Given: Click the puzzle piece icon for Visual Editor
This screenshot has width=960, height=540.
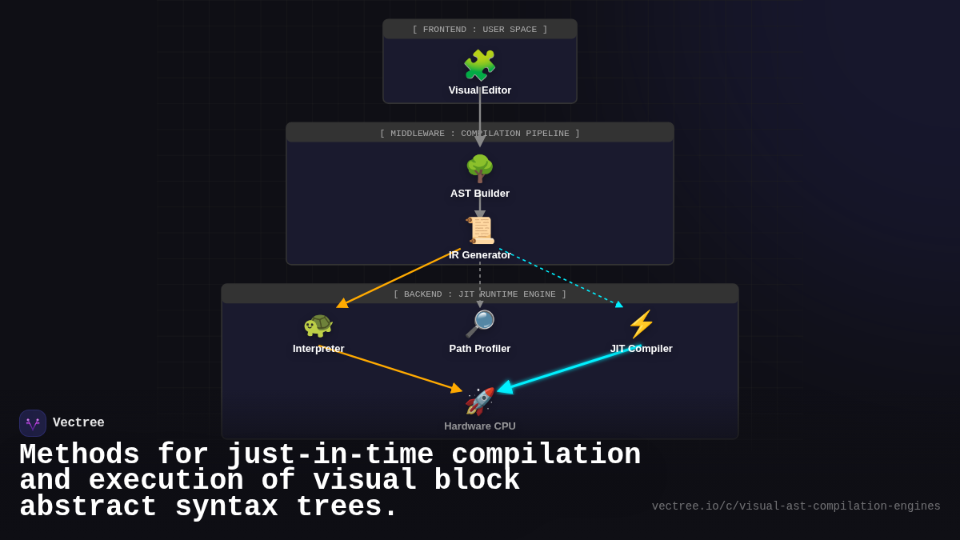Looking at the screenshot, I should tap(479, 66).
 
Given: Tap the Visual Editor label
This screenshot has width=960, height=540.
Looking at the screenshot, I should tap(479, 90).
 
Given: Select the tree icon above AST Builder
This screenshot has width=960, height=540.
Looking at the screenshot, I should tap(479, 169).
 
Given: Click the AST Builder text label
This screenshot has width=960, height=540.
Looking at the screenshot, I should tap(479, 194).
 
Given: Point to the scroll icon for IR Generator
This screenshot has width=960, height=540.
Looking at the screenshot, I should tap(480, 230).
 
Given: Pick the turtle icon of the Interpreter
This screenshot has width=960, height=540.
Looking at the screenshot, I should tap(318, 325).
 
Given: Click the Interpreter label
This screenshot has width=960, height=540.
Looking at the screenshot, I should tap(318, 349).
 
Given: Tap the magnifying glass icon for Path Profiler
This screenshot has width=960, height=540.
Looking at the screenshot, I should tap(479, 324).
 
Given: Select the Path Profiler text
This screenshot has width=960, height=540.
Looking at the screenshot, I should tap(479, 349).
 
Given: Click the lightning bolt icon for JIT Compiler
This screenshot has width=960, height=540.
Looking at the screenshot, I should tap(641, 325).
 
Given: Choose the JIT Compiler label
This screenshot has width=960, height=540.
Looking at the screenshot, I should tap(641, 349).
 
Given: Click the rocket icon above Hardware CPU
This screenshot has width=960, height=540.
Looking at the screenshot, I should tap(479, 402).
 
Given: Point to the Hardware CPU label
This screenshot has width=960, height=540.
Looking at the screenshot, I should tap(479, 426).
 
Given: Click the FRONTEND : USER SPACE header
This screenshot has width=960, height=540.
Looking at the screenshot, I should tap(479, 30).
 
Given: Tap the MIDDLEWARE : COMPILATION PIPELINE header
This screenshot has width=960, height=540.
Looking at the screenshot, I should tap(479, 134).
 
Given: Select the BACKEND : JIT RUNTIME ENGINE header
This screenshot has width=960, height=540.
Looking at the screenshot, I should tap(479, 294).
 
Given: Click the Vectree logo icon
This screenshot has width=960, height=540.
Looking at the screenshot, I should tap(33, 423).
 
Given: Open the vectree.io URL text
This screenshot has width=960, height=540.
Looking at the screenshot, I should tap(795, 506).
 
